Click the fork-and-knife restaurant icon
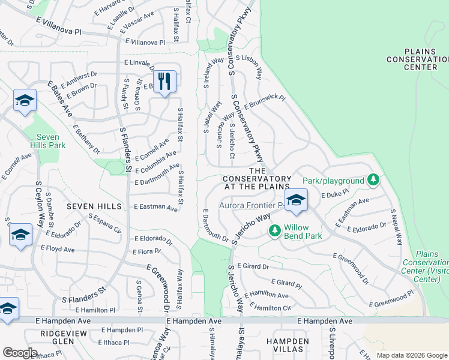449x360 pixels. point(164,82)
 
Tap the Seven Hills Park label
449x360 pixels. point(47,141)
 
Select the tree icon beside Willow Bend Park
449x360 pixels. point(275,230)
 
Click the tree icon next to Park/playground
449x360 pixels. point(373,180)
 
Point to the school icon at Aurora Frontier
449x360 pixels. point(295,202)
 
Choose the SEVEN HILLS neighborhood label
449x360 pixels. point(94,206)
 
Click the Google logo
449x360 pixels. point(20,352)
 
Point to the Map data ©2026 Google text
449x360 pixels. point(412,355)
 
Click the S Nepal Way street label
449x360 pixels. point(396,227)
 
